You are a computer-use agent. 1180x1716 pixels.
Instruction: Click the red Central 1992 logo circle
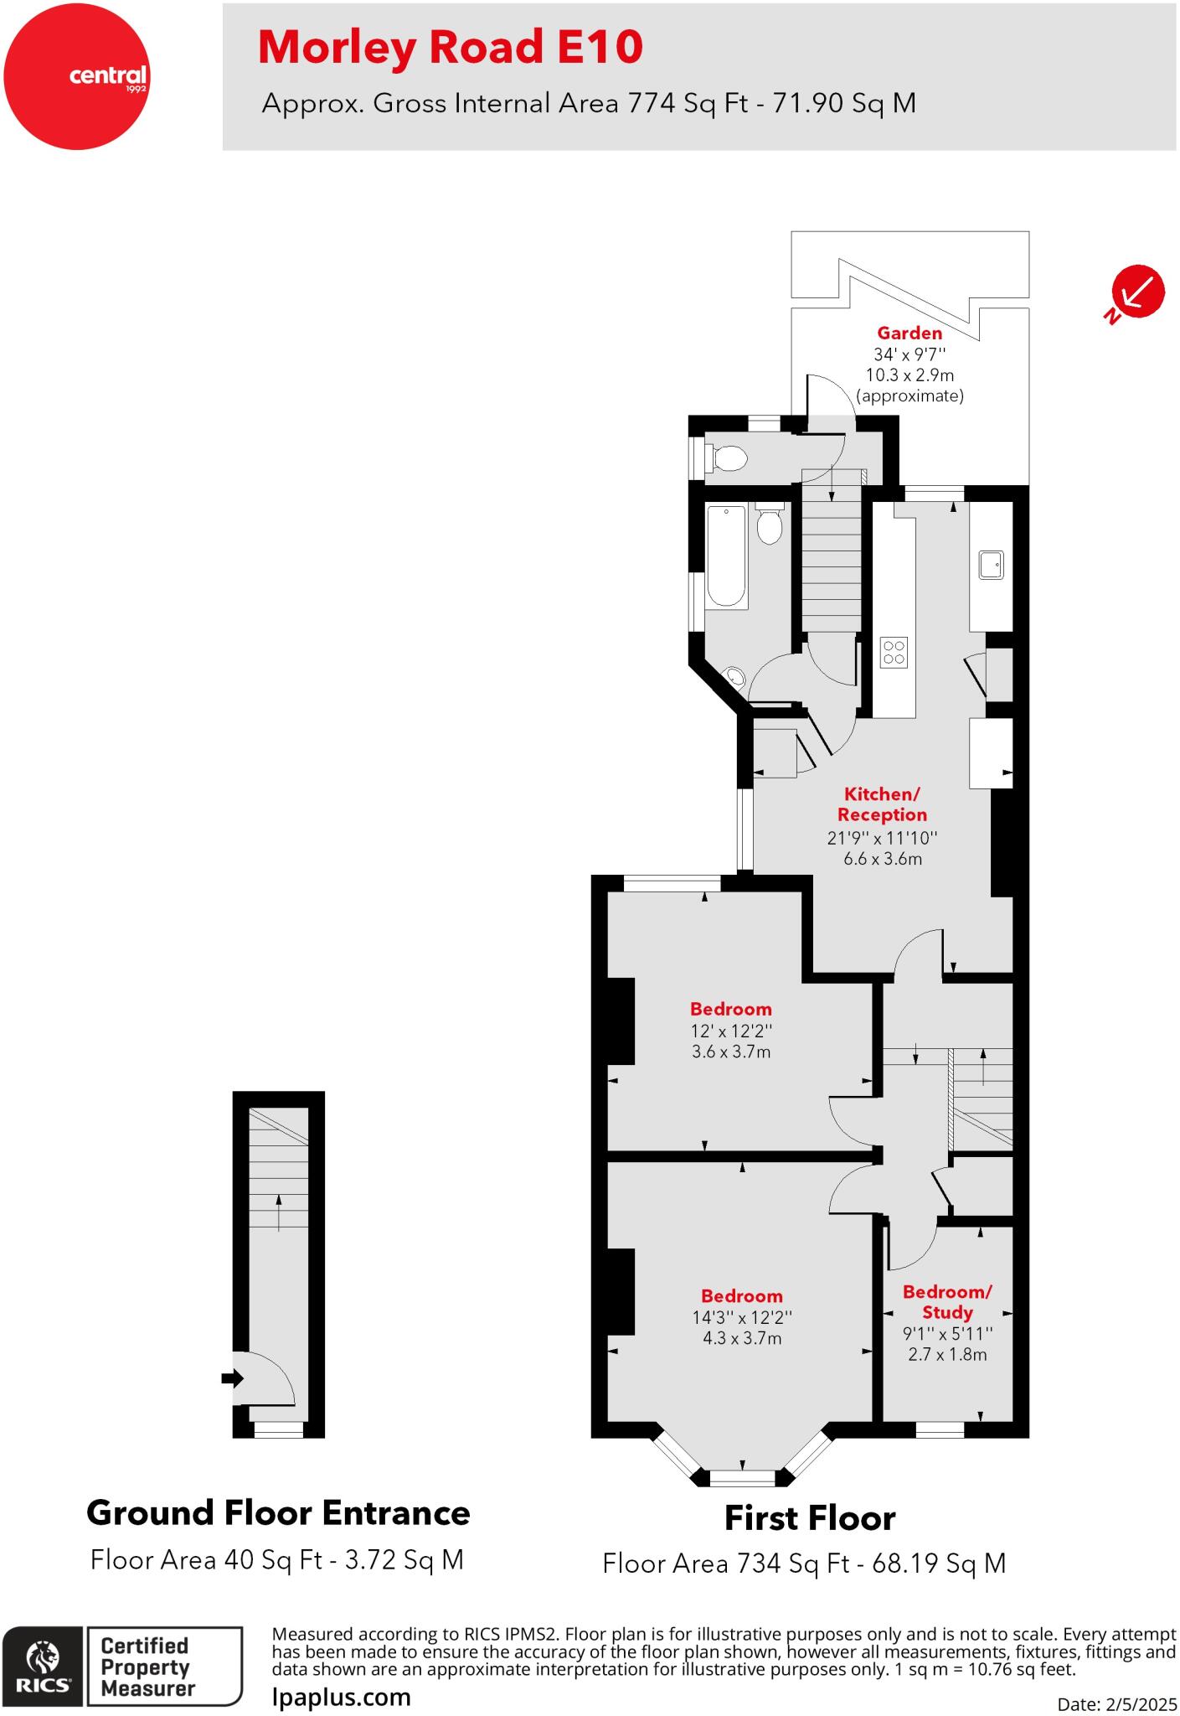pos(76,76)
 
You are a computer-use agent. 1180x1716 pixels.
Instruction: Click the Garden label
pos(909,333)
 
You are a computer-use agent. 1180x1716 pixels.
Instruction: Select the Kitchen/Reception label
pos(882,804)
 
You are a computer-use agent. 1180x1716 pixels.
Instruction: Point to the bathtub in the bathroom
pos(725,556)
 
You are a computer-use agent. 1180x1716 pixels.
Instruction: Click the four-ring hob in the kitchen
pos(894,653)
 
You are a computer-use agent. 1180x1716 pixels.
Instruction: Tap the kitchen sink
pos(991,565)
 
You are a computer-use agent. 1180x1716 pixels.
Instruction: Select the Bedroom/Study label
pos(947,1302)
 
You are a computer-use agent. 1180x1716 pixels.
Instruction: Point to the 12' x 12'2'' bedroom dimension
pos(731,1031)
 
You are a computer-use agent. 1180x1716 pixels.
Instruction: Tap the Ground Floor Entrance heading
pos(278,1513)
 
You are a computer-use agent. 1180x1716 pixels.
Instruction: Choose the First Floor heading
pos(809,1518)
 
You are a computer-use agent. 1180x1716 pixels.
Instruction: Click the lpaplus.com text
pos(342,1697)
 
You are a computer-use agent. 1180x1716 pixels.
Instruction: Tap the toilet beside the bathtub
pos(769,525)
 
